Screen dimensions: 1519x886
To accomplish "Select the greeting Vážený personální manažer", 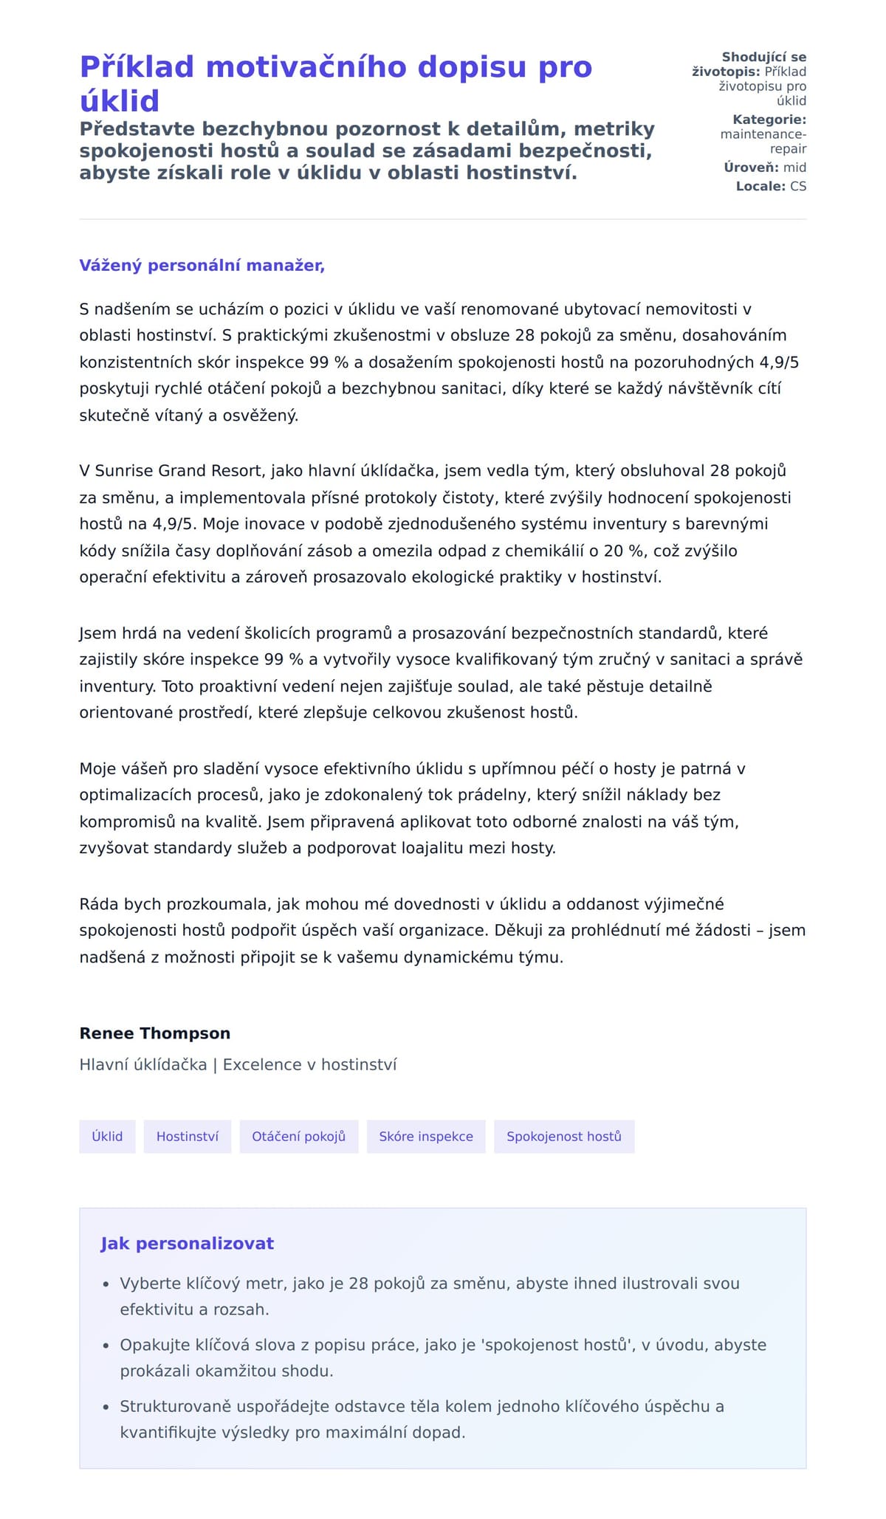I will pyautogui.click(x=202, y=266).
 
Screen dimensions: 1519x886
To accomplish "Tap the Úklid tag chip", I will pyautogui.click(x=107, y=1137).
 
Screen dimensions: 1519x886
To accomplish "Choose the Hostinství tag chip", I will pyautogui.click(x=188, y=1137).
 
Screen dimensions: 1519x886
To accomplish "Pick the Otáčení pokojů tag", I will pyautogui.click(x=298, y=1137).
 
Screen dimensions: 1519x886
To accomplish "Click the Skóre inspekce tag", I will pyautogui.click(x=426, y=1137).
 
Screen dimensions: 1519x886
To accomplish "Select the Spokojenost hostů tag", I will pyautogui.click(x=564, y=1137).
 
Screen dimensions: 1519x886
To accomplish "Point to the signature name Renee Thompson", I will pyautogui.click(x=155, y=1033).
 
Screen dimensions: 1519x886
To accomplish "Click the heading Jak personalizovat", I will pyautogui.click(x=188, y=1244).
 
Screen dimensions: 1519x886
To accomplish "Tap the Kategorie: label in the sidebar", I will pyautogui.click(x=769, y=120).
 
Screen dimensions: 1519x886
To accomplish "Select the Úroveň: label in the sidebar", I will pyautogui.click(x=751, y=168).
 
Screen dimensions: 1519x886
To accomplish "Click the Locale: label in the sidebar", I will pyautogui.click(x=760, y=186).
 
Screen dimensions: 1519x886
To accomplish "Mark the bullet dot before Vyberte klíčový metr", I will pyautogui.click(x=106, y=1284).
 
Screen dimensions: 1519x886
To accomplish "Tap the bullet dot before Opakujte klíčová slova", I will pyautogui.click(x=106, y=1346).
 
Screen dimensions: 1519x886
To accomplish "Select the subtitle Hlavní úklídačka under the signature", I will pyautogui.click(x=143, y=1064).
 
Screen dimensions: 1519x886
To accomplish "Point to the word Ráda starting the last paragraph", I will pyautogui.click(x=99, y=904).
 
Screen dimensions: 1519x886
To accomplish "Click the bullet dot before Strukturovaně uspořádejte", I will pyautogui.click(x=106, y=1407).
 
